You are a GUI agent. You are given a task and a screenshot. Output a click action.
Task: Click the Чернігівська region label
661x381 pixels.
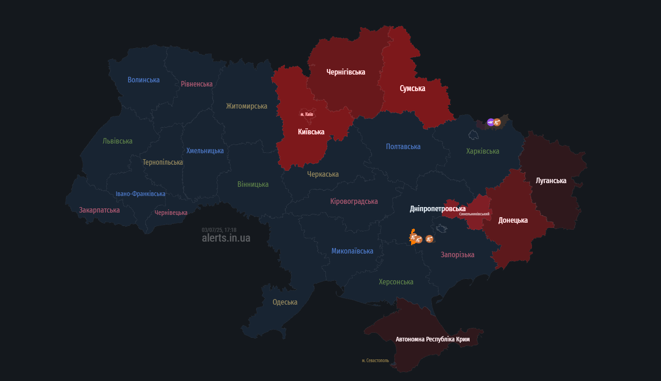click(x=346, y=72)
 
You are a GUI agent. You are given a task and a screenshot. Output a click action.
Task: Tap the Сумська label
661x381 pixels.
click(x=412, y=88)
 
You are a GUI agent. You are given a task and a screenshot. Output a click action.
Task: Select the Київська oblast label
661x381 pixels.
click(x=311, y=132)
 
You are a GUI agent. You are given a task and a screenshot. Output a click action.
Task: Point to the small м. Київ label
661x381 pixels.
click(x=307, y=114)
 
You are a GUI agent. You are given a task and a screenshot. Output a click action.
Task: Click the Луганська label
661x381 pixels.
click(x=551, y=181)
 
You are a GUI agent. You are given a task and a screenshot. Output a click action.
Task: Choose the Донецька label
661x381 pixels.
click(x=513, y=220)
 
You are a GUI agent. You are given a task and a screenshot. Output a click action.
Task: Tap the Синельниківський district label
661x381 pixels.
click(x=474, y=214)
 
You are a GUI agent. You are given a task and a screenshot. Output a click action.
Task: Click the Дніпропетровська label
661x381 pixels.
click(x=437, y=209)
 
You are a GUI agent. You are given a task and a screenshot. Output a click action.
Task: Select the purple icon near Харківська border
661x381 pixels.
click(x=490, y=122)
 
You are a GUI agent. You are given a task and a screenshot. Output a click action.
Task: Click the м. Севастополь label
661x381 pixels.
click(x=375, y=360)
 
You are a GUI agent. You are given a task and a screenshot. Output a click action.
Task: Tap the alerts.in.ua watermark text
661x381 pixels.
click(x=226, y=238)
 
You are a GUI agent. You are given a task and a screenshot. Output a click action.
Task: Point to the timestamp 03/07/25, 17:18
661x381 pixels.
click(x=219, y=230)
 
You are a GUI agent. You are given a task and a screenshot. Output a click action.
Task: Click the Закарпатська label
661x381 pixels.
click(x=99, y=210)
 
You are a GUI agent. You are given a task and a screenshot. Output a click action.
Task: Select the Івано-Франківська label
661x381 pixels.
click(x=140, y=194)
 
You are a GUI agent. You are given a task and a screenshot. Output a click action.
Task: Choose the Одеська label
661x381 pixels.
click(x=285, y=302)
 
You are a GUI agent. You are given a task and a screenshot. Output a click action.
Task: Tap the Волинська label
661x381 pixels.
click(x=143, y=80)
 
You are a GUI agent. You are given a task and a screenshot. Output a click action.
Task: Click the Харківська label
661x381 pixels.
click(x=482, y=151)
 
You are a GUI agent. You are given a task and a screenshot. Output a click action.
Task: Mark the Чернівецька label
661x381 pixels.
click(x=171, y=213)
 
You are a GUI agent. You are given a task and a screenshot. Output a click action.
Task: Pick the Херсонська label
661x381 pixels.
click(x=396, y=282)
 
